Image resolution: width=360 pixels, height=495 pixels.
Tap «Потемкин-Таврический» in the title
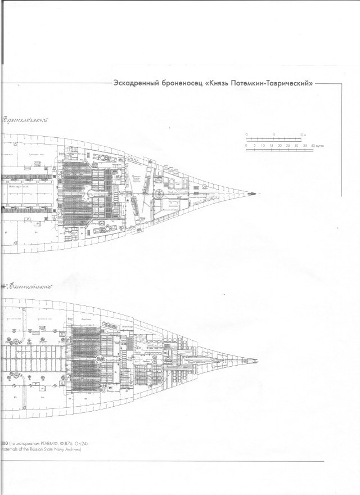click(270, 82)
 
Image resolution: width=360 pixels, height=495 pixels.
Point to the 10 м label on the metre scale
click(302, 134)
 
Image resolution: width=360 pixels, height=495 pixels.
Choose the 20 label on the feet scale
click(280, 145)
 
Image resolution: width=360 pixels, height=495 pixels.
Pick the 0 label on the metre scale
click(246, 134)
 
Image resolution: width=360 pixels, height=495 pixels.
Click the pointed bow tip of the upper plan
click(256, 193)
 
